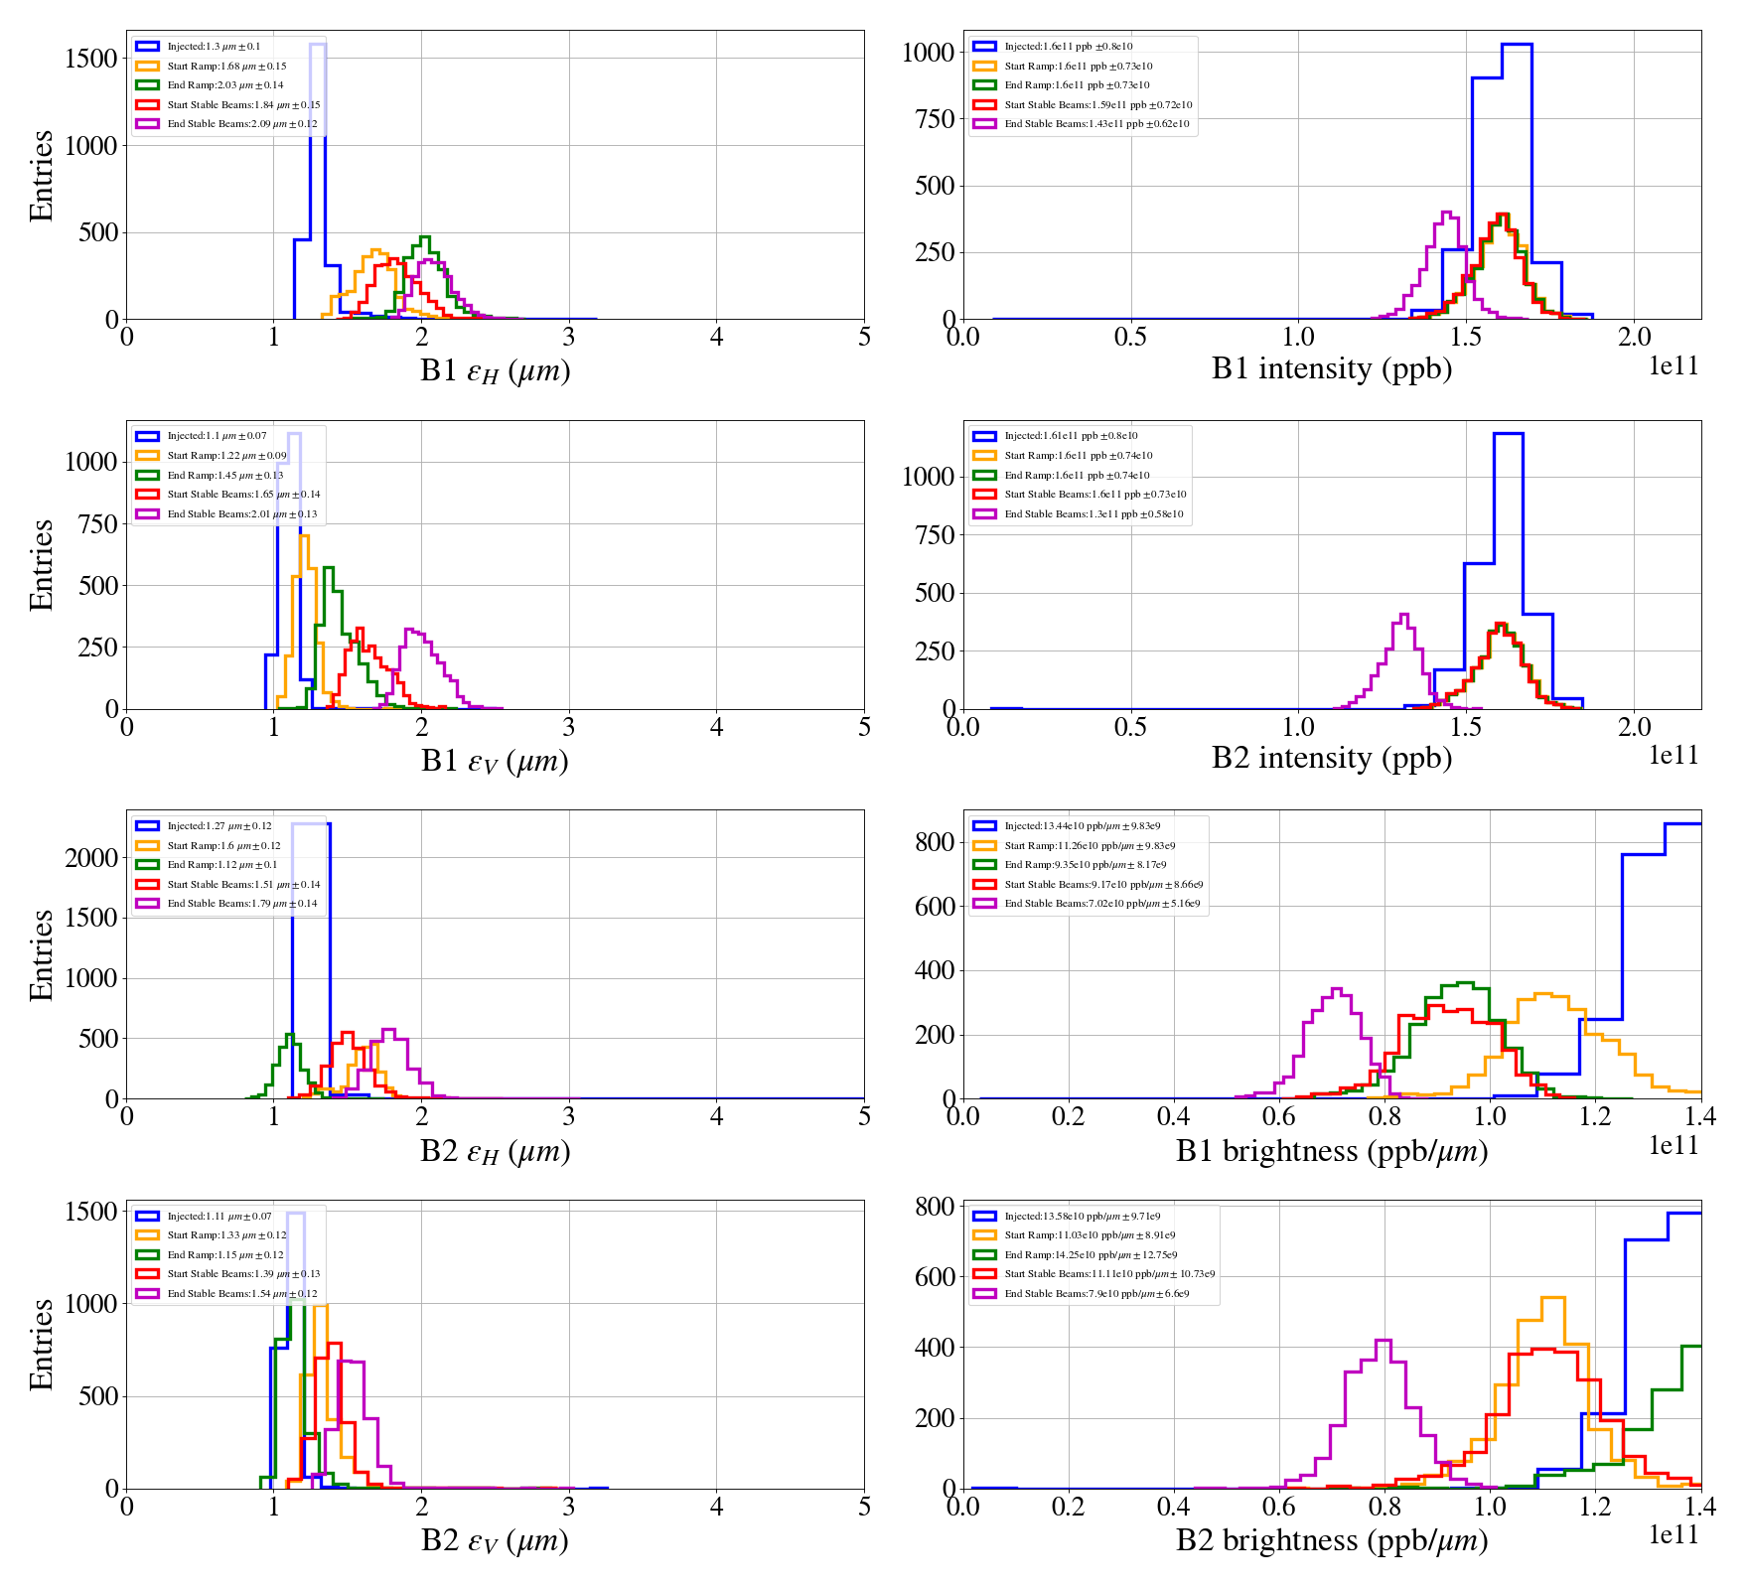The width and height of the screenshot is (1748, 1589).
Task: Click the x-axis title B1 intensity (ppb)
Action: (x=1331, y=368)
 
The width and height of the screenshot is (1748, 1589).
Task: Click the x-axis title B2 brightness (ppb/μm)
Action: (x=1331, y=1540)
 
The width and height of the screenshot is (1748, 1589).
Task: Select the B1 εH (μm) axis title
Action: (x=495, y=370)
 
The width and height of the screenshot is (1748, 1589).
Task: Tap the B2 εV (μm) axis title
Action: (x=495, y=1540)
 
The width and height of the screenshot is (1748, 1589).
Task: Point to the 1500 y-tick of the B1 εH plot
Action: (x=91, y=59)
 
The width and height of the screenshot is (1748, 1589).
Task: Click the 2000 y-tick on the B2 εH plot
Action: (x=91, y=858)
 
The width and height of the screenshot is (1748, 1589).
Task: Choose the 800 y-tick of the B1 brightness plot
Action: (x=935, y=842)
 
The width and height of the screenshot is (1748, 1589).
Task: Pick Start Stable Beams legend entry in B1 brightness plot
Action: (x=1102, y=885)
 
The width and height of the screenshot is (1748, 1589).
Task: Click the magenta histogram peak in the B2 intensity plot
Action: (x=1404, y=616)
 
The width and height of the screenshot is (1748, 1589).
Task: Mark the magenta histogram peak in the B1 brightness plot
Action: (x=1336, y=989)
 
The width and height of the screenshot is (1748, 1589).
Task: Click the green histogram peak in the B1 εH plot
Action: (x=425, y=237)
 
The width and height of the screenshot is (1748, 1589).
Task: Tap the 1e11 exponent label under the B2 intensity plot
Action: (x=1674, y=756)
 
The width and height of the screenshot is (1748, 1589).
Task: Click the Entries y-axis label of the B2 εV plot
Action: (x=42, y=1344)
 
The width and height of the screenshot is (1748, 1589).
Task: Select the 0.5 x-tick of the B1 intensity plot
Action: (x=1130, y=338)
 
